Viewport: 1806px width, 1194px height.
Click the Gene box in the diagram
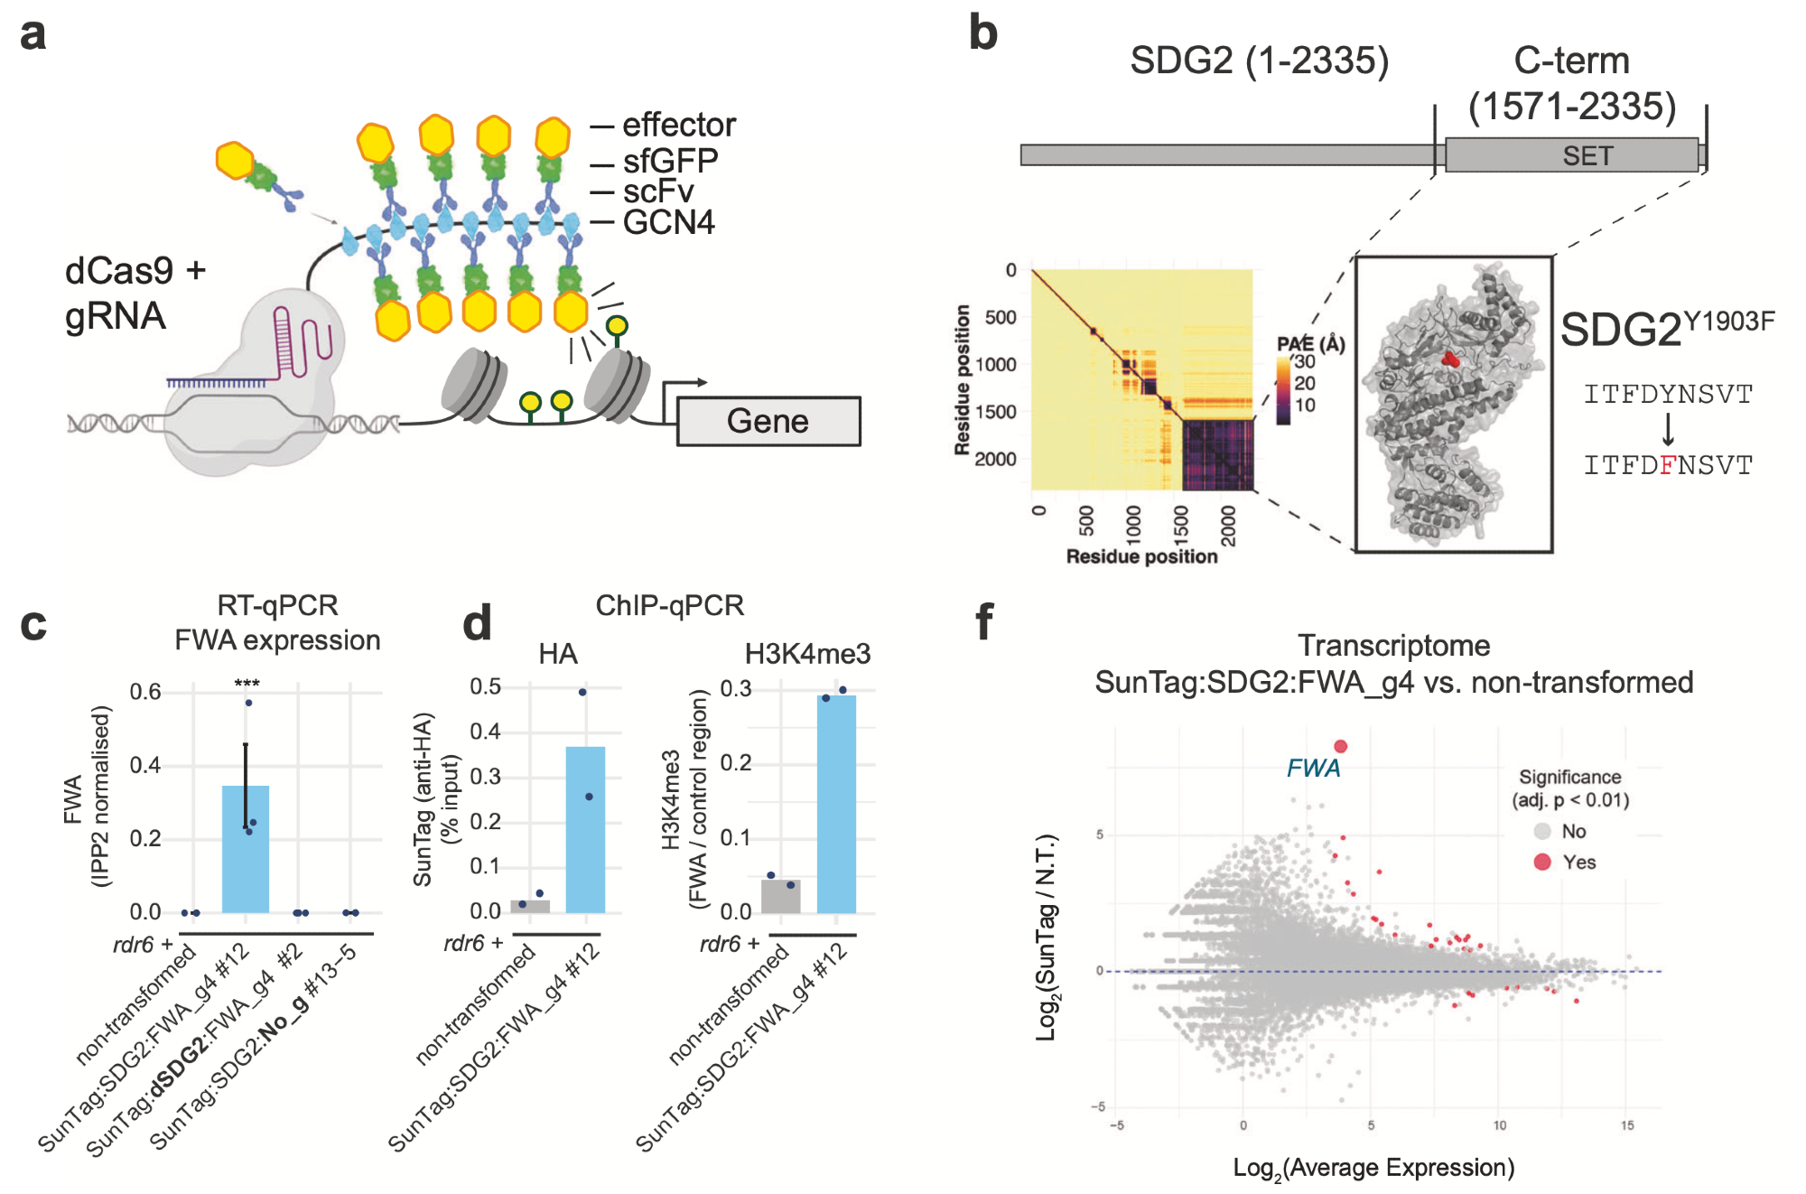pos(768,421)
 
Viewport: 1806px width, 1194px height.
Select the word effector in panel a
pos(679,125)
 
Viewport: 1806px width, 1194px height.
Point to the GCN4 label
pos(668,222)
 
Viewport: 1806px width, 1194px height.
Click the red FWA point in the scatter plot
pos(1341,746)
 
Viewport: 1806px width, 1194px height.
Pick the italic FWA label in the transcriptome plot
pos(1313,768)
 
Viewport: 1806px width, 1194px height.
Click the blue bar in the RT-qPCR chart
pos(246,849)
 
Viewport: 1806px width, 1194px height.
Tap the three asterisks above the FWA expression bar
pos(247,684)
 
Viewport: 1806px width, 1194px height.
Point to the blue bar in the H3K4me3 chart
pos(836,804)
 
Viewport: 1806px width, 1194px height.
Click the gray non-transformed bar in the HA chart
pos(530,906)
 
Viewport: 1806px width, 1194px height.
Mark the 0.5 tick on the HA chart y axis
pos(486,686)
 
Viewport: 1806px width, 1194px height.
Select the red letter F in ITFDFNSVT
pos(1668,465)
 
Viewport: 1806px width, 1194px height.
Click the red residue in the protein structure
pos(1450,359)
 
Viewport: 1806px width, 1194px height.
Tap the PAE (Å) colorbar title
pos(1310,343)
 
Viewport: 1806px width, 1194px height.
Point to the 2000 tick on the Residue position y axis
pos(995,459)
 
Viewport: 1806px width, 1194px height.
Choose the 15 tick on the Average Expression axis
pos(1626,1125)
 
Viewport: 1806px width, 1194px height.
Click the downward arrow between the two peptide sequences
pos(1668,430)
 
